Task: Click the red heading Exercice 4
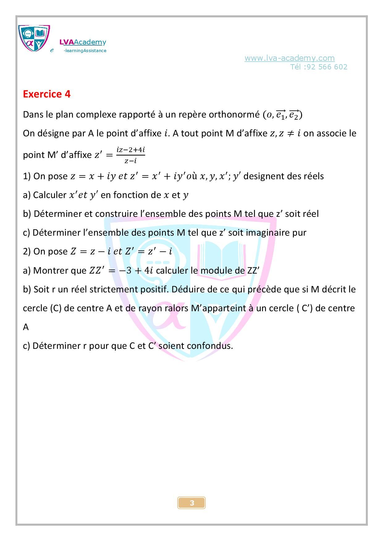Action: pyautogui.click(x=47, y=94)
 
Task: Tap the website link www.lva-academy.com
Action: pyautogui.click(x=289, y=58)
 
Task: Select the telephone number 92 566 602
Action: pyautogui.click(x=327, y=67)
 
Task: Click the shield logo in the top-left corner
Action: pyautogui.click(x=34, y=38)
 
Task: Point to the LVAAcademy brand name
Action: pyautogui.click(x=82, y=42)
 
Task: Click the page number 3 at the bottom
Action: pyautogui.click(x=192, y=503)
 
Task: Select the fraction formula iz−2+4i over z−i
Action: pyautogui.click(x=131, y=155)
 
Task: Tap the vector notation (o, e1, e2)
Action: pyautogui.click(x=282, y=115)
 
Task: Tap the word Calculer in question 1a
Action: pyautogui.click(x=49, y=195)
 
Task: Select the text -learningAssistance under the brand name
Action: pyautogui.click(x=85, y=51)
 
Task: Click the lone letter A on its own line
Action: pyautogui.click(x=26, y=327)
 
